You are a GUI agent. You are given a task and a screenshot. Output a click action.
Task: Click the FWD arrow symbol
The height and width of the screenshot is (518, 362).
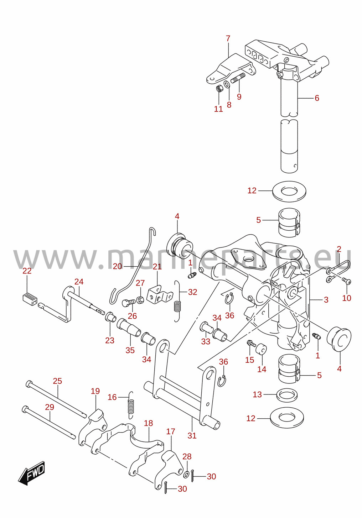click(31, 473)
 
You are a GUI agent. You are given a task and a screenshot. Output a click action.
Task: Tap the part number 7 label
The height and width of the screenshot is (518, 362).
click(228, 38)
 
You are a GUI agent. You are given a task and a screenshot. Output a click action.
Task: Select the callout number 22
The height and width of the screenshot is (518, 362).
click(27, 271)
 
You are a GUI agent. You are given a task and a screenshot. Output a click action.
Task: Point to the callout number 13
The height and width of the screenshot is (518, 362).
click(257, 394)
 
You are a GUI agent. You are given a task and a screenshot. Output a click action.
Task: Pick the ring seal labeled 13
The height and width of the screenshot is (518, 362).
click(287, 395)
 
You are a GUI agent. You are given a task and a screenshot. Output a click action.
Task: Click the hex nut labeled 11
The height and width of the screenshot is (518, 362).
click(219, 88)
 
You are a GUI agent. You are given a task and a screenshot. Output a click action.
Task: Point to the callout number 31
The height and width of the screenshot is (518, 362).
click(192, 436)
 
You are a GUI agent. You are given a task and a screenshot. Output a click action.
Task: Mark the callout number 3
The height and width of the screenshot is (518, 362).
click(326, 300)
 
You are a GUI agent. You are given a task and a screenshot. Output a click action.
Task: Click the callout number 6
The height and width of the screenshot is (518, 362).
click(317, 98)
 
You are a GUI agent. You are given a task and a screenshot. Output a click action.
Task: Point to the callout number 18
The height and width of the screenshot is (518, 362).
click(148, 423)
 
